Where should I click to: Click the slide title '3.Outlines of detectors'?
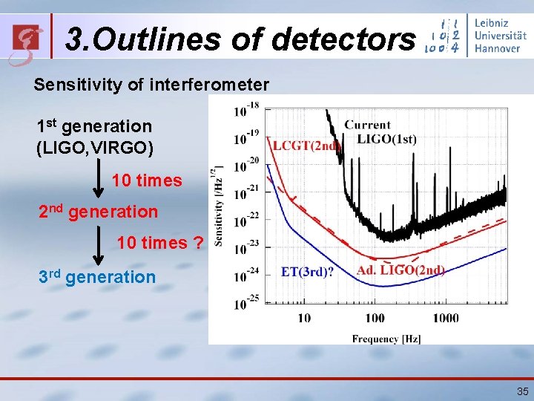click(240, 39)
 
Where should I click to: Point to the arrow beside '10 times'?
click(98, 180)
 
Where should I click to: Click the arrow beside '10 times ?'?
click(98, 243)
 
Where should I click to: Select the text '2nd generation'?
click(98, 212)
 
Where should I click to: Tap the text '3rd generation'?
click(97, 277)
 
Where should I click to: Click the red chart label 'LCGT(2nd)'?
click(305, 145)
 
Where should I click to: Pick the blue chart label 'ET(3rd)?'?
click(307, 272)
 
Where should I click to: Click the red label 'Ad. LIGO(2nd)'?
click(400, 270)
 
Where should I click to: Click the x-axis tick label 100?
click(375, 318)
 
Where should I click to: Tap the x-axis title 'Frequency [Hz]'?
click(386, 339)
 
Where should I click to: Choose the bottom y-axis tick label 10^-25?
click(246, 303)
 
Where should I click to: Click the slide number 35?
click(521, 391)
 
